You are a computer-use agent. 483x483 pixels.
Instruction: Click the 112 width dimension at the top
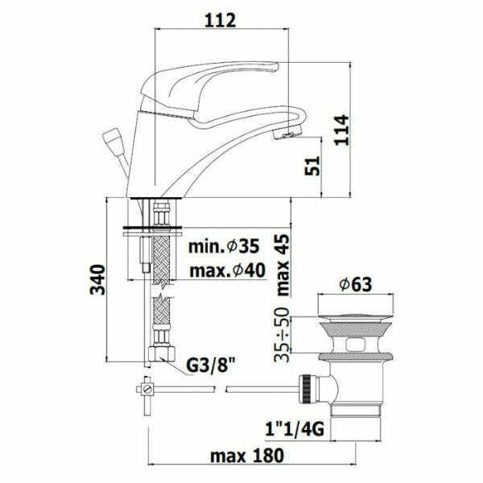(220, 19)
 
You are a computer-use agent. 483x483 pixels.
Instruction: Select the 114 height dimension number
(342, 130)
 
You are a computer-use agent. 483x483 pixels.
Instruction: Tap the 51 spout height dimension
(312, 166)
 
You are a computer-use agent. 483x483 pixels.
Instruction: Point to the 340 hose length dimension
(97, 279)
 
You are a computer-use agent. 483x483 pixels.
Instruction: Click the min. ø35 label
(224, 246)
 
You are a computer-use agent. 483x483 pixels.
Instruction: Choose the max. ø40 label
(227, 270)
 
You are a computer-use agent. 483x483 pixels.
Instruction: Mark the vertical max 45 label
(283, 265)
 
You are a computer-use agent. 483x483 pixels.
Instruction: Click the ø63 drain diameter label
(356, 284)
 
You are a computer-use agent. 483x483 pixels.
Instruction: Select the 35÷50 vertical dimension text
(283, 334)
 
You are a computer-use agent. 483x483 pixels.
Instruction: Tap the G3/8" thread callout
(211, 365)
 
